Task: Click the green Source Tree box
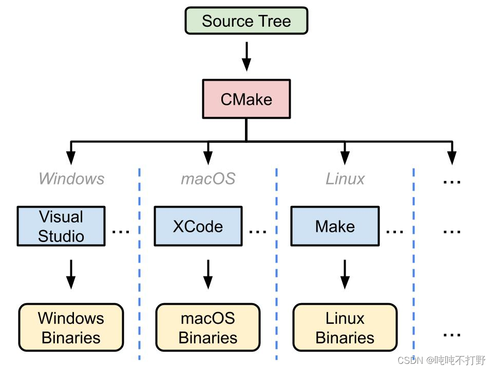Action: coord(246,21)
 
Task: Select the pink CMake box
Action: coord(246,99)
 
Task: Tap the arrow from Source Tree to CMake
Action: coord(246,56)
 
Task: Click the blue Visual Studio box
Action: coord(61,226)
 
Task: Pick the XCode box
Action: coord(198,226)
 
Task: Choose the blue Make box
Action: coord(335,226)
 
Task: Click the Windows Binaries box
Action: coord(71,328)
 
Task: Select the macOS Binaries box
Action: coord(208,328)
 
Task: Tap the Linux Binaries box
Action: coord(345,328)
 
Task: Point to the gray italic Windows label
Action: coord(71,179)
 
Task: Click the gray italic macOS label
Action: coord(208,179)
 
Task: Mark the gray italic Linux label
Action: coord(345,179)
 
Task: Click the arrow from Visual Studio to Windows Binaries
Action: coord(71,274)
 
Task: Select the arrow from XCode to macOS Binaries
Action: coord(208,274)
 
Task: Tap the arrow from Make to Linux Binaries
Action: coord(345,274)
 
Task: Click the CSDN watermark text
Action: coord(442,360)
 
